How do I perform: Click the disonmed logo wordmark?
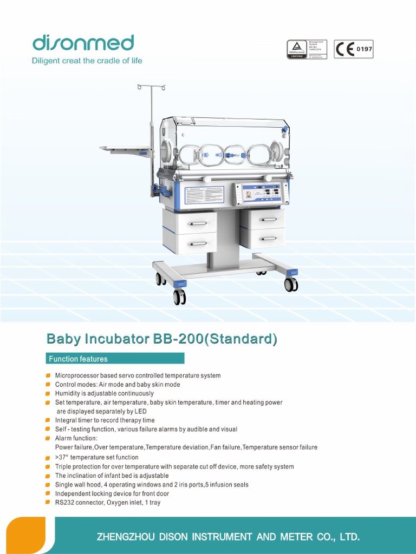point(83,43)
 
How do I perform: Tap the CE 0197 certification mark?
point(353,49)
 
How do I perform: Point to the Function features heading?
point(78,359)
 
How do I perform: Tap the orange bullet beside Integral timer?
point(48,420)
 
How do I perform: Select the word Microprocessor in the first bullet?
point(76,375)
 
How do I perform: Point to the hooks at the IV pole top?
point(151,87)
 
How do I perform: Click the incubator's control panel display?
point(261,194)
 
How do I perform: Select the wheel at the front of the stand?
point(179,297)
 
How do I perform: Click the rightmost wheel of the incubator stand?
point(291,285)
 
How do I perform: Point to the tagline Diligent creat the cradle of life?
point(87,61)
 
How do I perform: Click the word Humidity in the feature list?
point(68,393)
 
